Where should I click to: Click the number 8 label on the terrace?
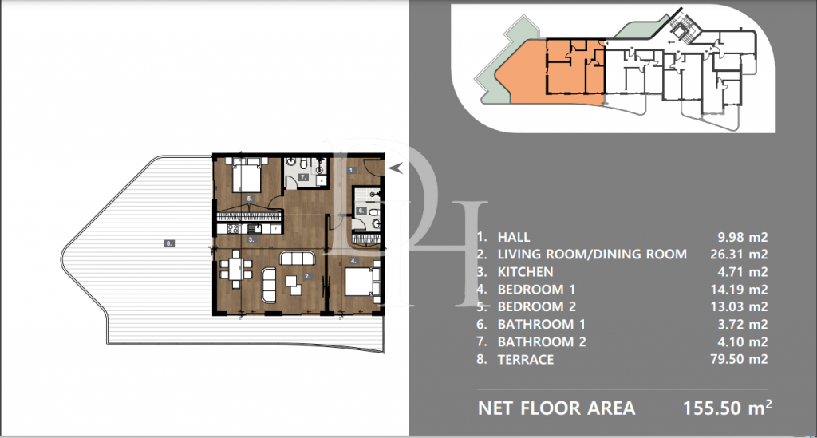(169, 243)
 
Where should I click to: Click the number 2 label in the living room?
(307, 277)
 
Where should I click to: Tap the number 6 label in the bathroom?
(361, 211)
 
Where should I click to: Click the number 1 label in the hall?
(352, 170)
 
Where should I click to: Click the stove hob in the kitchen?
(234, 229)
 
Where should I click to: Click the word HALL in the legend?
(514, 238)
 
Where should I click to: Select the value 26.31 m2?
(739, 255)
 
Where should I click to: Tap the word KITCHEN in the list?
(525, 272)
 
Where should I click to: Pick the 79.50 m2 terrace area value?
(739, 359)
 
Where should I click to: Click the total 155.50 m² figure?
(727, 408)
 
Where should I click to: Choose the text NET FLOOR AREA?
(556, 408)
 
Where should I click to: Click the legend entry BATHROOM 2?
(542, 342)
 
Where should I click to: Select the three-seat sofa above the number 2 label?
(298, 258)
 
